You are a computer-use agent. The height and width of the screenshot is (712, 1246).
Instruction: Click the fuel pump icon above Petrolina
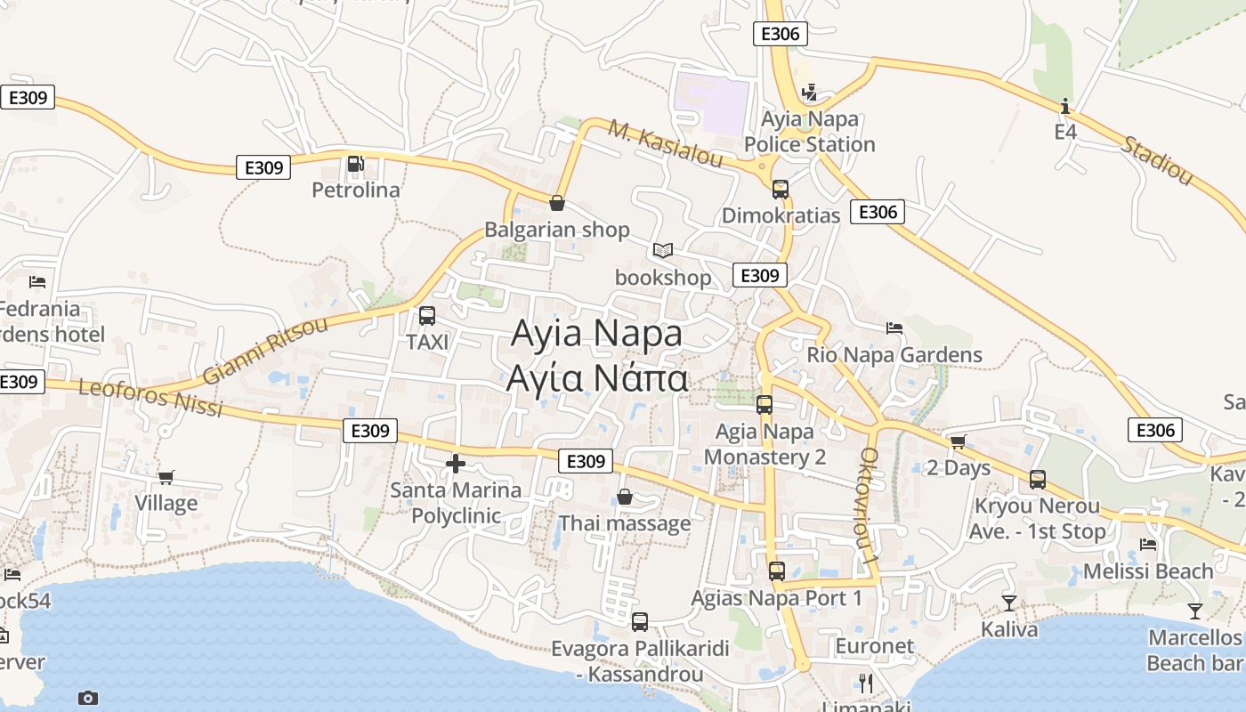tap(355, 164)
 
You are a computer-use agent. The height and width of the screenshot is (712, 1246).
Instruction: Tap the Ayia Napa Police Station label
tap(809, 132)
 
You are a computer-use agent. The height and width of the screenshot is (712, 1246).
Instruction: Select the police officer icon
tap(809, 92)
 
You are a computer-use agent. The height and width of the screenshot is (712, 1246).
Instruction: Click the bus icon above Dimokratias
tap(780, 190)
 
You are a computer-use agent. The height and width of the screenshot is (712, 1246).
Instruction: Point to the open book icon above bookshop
tap(662, 251)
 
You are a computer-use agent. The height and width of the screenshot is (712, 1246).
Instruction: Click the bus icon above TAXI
tap(427, 316)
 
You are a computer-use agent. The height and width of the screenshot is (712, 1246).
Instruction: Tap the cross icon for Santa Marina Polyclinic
tap(456, 464)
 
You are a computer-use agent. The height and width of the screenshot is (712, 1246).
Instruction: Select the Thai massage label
tap(624, 523)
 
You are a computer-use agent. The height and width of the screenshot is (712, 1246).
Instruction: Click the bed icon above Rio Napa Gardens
tap(894, 328)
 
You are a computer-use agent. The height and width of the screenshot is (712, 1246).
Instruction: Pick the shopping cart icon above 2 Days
tap(958, 441)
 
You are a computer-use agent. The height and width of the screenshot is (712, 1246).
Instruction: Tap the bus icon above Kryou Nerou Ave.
tap(1038, 480)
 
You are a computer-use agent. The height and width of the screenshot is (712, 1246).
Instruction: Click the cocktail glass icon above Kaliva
tap(1008, 603)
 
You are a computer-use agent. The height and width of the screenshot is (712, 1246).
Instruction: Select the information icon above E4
tap(1065, 107)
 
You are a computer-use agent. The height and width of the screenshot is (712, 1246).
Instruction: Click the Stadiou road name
tap(1156, 161)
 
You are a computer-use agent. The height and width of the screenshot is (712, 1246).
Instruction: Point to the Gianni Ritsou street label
tap(264, 350)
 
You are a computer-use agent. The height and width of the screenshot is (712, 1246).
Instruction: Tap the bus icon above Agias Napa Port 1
tap(777, 571)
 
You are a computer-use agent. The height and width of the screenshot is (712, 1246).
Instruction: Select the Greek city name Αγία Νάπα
tap(596, 379)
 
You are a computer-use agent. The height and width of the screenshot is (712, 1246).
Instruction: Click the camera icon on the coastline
tap(87, 698)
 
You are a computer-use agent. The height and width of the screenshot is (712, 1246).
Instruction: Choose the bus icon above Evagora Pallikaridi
tap(640, 622)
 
